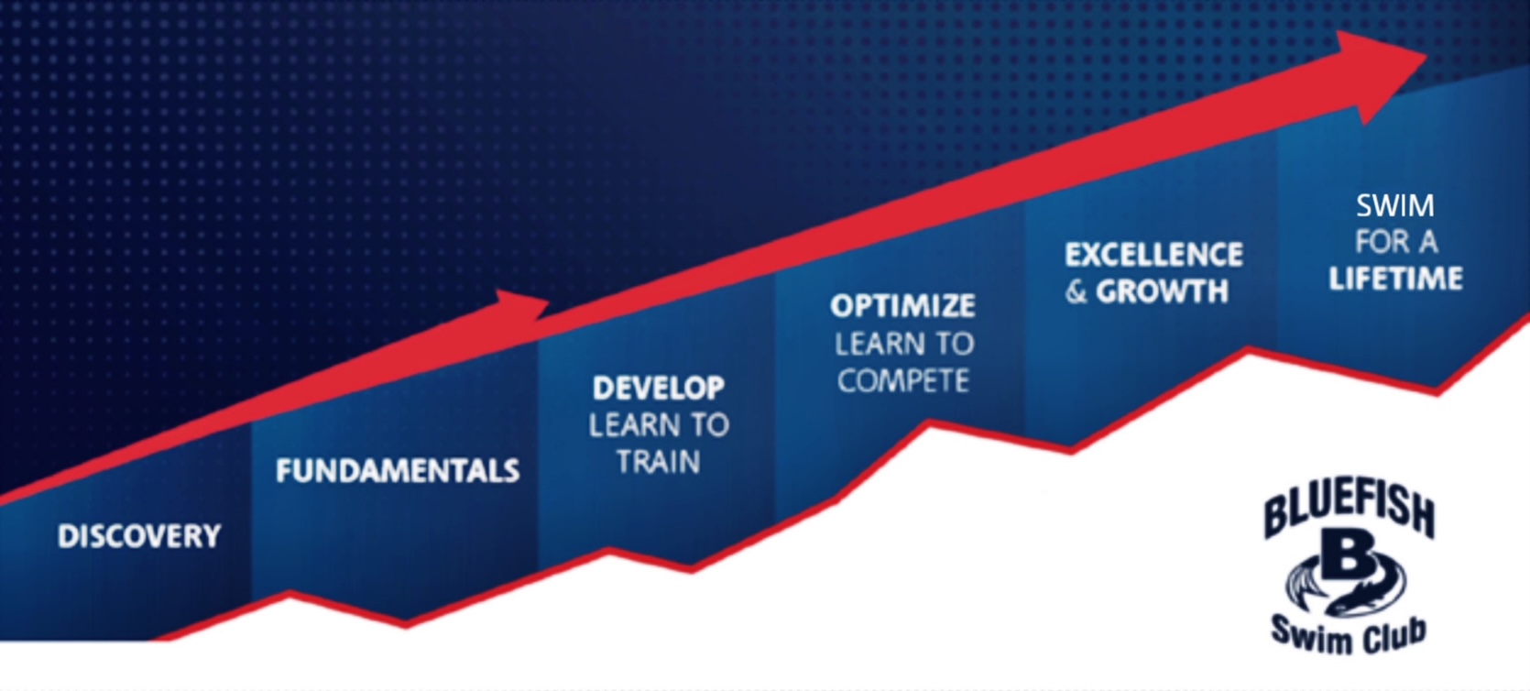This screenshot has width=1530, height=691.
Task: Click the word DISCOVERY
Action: pos(139,536)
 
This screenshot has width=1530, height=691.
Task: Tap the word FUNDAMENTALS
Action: pos(398,471)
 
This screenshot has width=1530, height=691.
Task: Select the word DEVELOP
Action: pos(659,389)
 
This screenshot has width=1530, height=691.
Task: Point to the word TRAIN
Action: pos(659,462)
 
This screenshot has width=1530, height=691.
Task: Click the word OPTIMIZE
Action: pos(903,306)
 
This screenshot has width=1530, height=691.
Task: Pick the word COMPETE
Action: pos(903,380)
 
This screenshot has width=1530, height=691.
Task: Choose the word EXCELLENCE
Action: pos(1153,255)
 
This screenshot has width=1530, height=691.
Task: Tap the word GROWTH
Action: pos(1162,291)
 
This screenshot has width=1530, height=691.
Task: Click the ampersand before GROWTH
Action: pos(1076,291)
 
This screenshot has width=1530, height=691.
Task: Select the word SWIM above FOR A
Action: pos(1394,205)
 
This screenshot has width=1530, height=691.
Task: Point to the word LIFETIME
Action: pos(1395,279)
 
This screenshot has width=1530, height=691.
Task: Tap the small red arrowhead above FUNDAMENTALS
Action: pos(523,306)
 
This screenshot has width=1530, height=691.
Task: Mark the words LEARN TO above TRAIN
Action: pos(659,425)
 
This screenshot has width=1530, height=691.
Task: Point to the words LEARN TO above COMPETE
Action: pos(903,344)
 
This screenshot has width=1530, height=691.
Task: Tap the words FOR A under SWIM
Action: pos(1396,242)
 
